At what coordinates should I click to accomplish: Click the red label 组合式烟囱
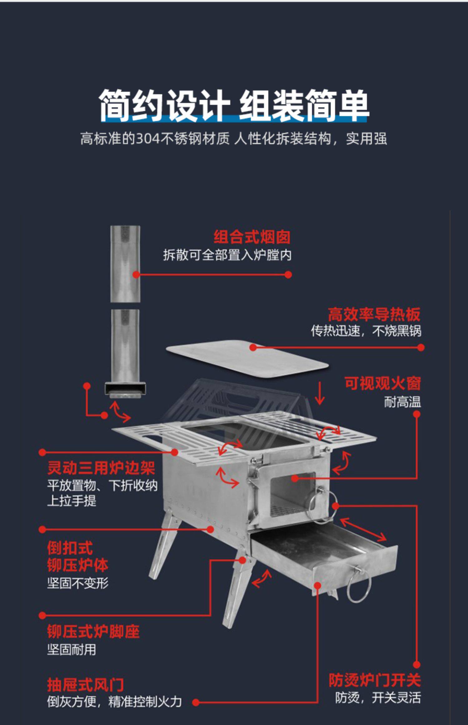point(252,237)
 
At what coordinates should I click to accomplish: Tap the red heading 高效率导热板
point(374,314)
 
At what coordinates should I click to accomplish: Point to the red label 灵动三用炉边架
point(101,468)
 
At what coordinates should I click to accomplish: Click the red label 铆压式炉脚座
point(93,631)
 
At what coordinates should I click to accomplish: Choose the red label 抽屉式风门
point(85,685)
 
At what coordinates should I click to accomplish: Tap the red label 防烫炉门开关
point(375,680)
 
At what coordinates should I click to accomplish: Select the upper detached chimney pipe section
point(125,264)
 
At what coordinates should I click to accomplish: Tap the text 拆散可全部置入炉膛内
point(227,255)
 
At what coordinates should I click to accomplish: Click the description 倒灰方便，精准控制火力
point(114,702)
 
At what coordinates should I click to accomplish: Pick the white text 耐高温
point(402,402)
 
